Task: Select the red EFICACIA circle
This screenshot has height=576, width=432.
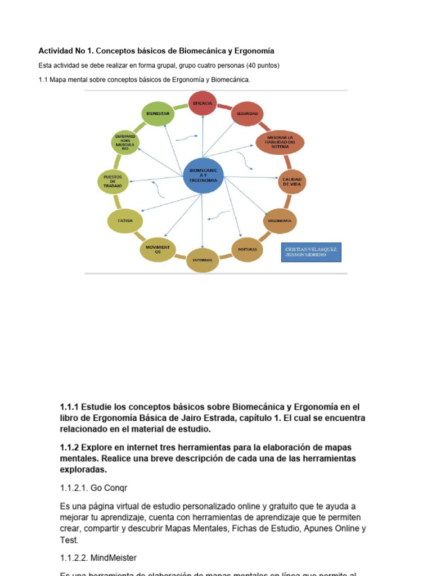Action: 202,103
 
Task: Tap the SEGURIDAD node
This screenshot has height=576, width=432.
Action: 247,113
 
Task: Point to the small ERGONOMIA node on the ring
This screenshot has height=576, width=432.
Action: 280,220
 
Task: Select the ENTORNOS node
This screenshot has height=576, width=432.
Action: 202,260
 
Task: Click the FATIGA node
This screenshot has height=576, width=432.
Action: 125,220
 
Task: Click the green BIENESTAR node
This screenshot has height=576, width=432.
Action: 158,113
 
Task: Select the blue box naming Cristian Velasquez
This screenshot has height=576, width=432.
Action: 310,251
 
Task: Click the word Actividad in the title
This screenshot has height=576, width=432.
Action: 55,51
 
